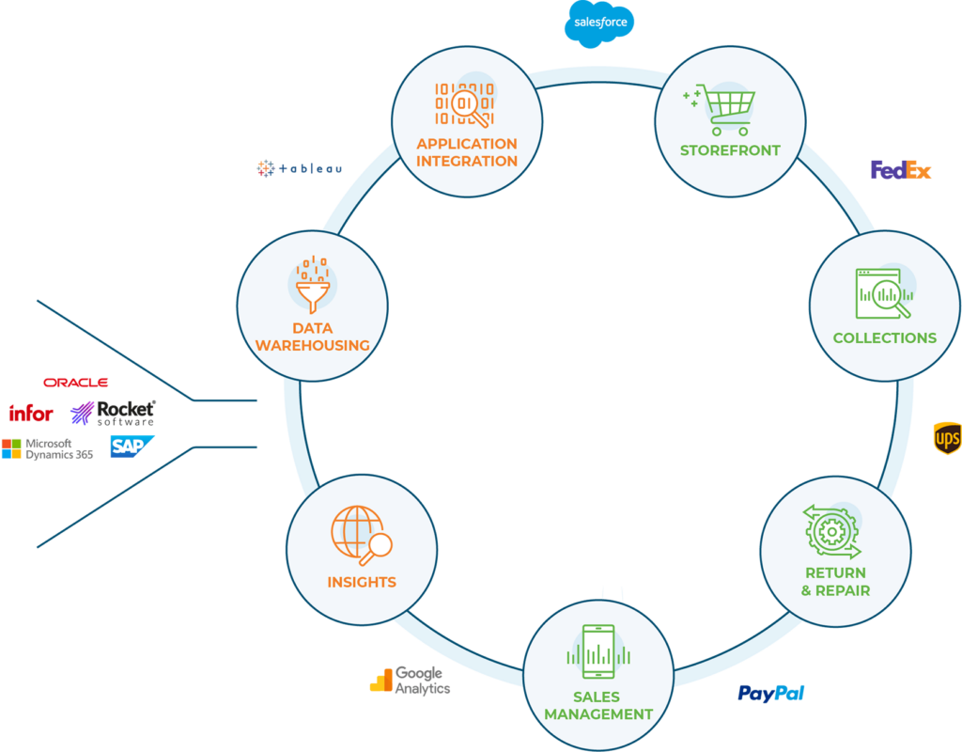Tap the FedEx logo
(x=900, y=170)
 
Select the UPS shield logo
(x=946, y=438)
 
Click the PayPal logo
(x=770, y=694)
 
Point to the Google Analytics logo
(x=410, y=680)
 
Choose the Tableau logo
(x=299, y=169)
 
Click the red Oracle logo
(x=76, y=383)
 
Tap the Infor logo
(x=31, y=414)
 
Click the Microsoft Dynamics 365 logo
(x=47, y=448)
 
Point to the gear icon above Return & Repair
(x=830, y=532)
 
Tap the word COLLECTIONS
(x=884, y=338)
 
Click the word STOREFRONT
(x=730, y=150)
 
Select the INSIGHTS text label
(x=362, y=582)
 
